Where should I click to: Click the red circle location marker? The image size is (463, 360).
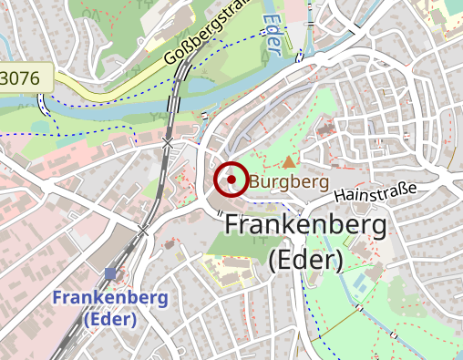pyautogui.click(x=231, y=180)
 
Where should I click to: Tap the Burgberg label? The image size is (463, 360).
pyautogui.click(x=288, y=182)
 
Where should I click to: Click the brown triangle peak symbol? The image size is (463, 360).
pyautogui.click(x=289, y=162)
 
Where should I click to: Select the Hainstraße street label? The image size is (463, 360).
pyautogui.click(x=375, y=192)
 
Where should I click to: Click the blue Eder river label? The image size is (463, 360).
pyautogui.click(x=274, y=33)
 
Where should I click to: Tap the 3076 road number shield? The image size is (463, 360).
pyautogui.click(x=20, y=78)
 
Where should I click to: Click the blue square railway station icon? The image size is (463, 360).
pyautogui.click(x=110, y=273)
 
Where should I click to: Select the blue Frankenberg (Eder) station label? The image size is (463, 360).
pyautogui.click(x=109, y=308)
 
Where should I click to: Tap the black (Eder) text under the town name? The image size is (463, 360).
pyautogui.click(x=305, y=260)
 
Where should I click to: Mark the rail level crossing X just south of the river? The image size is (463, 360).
pyautogui.click(x=167, y=144)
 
